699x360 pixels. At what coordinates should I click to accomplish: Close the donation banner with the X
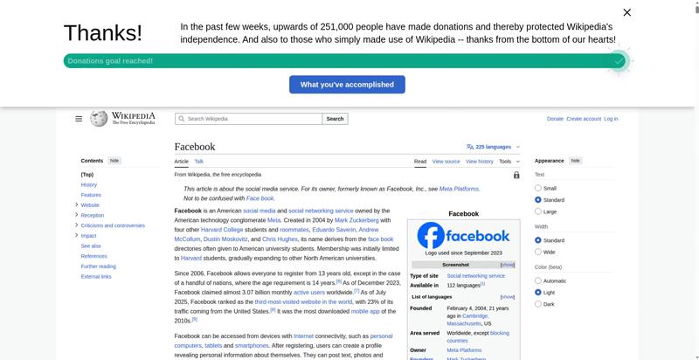coord(626,12)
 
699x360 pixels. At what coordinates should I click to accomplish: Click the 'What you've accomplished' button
coord(347,85)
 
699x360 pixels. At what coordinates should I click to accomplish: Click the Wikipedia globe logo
coord(99,119)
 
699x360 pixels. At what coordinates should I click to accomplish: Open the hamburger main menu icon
coord(79,119)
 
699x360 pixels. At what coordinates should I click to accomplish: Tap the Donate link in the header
coord(555,119)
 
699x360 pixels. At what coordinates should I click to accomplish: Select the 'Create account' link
coord(584,119)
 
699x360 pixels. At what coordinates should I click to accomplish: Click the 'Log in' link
coord(611,119)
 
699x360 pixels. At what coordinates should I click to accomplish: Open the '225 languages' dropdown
coord(493,147)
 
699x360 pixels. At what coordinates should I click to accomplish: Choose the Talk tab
coord(199,162)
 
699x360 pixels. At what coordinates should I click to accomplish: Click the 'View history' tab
coord(479,162)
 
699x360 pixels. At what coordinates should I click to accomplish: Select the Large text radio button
coord(538,211)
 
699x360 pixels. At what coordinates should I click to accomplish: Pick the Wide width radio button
coord(538,252)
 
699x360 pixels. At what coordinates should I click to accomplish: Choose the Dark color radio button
coord(538,304)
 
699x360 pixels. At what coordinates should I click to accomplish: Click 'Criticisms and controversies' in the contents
coord(113,225)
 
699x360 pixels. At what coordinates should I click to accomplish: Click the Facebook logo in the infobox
coord(463,236)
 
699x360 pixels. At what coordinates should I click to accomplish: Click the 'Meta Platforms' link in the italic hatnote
coord(459,189)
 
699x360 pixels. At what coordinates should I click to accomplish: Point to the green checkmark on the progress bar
coord(619,61)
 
